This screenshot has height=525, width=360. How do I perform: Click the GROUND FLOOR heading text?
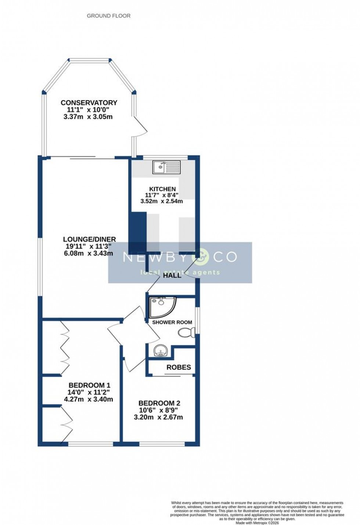point(108,16)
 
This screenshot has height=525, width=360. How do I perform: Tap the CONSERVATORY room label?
point(89,103)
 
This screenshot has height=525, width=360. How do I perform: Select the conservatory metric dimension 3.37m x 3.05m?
point(88,117)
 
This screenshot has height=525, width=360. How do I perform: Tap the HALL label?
point(172,275)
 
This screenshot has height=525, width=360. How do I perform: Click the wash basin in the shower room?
point(161,351)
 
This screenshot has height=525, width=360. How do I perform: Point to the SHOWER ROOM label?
point(172,322)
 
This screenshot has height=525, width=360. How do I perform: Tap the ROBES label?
point(179,367)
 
